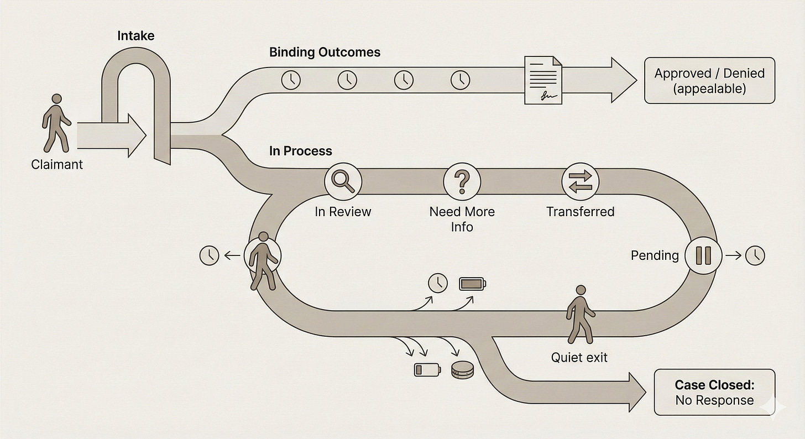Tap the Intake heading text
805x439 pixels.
135,36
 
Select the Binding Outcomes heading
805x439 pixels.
325,53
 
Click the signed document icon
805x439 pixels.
542,79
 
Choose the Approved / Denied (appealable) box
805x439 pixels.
709,81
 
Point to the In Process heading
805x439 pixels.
300,151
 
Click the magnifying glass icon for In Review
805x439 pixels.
343,181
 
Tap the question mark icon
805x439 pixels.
462,181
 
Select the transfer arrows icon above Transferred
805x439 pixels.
580,181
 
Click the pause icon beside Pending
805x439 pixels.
703,255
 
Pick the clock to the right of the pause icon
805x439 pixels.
755,255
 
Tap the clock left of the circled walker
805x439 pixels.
209,255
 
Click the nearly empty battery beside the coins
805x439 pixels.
427,369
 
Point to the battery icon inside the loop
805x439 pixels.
473,284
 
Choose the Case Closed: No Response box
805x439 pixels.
714,393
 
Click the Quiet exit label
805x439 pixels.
579,358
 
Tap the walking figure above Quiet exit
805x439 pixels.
580,314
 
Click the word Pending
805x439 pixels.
655,255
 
